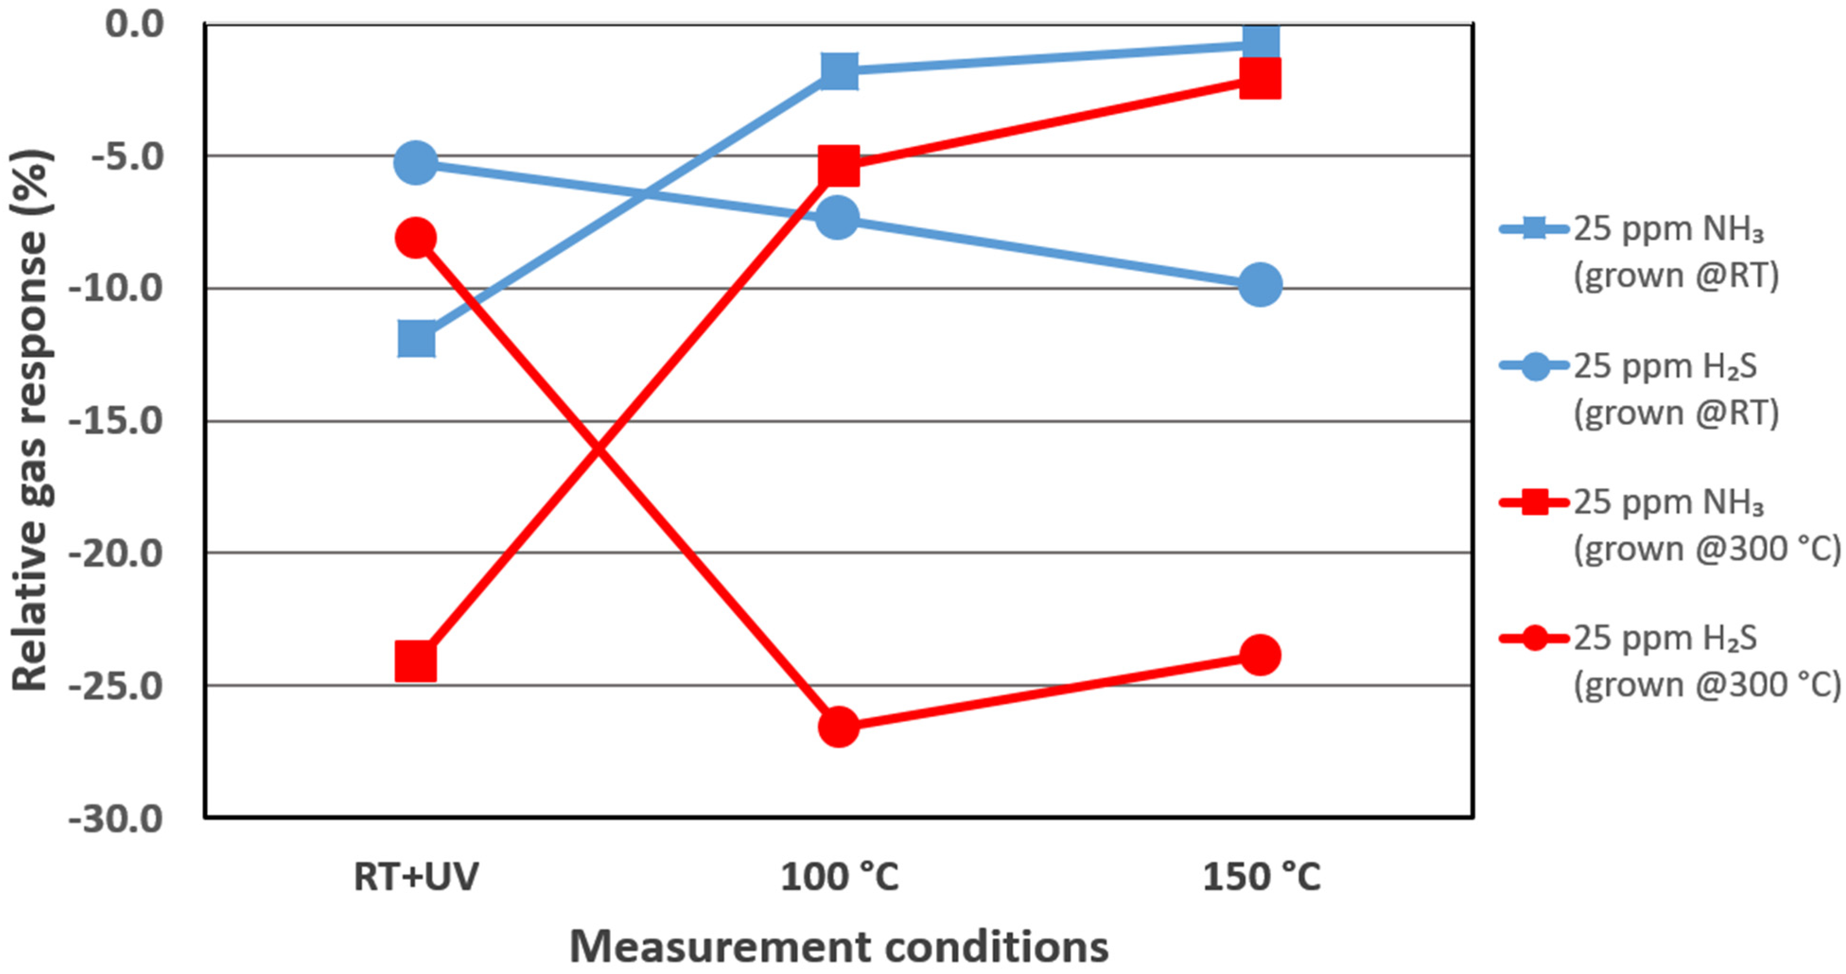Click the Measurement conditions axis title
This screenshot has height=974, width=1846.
point(838,947)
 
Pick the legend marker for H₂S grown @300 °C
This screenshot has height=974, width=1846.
point(1535,638)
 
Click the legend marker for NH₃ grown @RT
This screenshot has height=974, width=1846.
point(1535,230)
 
